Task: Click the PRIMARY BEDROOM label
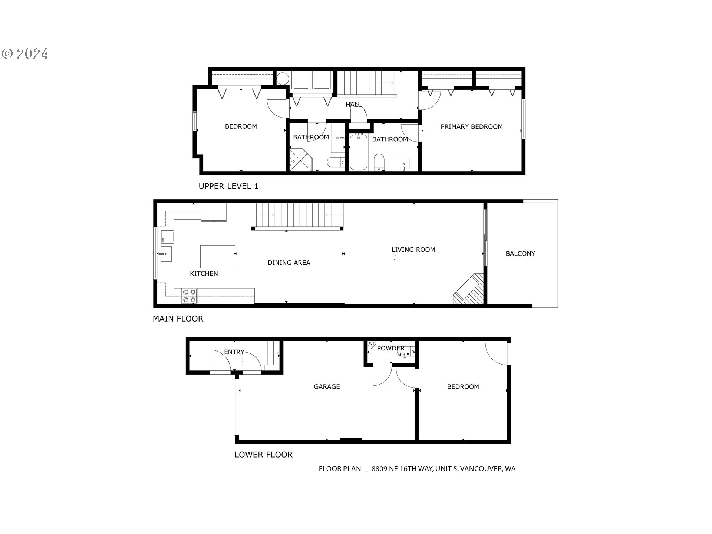tap(471, 127)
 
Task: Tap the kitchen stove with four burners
tap(189, 296)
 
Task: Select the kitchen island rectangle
tap(218, 257)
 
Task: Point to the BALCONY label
tap(520, 254)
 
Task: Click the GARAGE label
tap(327, 387)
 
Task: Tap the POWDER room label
tap(390, 349)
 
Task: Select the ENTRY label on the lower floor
tap(234, 352)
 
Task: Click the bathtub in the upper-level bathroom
tap(358, 152)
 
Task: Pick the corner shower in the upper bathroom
tap(300, 160)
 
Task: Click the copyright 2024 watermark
tap(25, 54)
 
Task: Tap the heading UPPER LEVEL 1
tap(228, 186)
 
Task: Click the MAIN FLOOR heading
tap(178, 319)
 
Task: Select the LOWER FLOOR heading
tap(263, 455)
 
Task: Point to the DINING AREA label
tap(289, 263)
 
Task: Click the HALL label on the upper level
tap(353, 105)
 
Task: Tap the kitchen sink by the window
tap(166, 254)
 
